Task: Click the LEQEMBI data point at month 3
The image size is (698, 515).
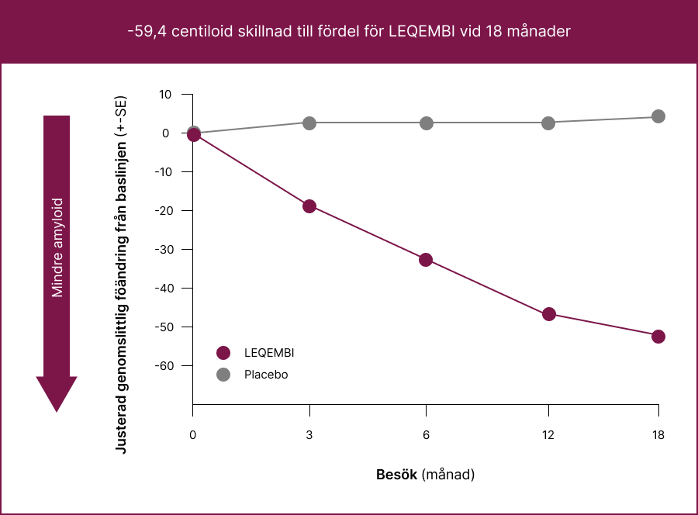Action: [309, 206]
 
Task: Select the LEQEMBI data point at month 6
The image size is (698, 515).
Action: [426, 260]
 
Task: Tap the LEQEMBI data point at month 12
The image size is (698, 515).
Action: [549, 314]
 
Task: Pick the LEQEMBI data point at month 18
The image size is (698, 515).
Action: [658, 337]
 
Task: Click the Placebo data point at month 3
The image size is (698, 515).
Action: [309, 123]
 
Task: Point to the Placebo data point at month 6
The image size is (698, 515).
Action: [426, 123]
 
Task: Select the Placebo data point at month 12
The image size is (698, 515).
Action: [549, 123]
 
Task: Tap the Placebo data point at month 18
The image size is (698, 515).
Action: [658, 116]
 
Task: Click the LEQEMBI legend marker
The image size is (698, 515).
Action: [224, 353]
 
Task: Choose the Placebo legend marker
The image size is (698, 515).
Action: [224, 375]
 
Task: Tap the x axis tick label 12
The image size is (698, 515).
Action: [549, 435]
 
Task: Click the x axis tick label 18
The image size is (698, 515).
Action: [658, 435]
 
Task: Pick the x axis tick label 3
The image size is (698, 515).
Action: [309, 435]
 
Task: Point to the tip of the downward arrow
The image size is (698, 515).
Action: [57, 410]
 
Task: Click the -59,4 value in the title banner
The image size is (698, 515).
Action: [146, 32]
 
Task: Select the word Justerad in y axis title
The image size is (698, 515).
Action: [121, 427]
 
